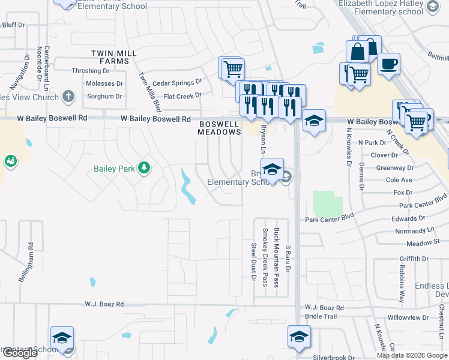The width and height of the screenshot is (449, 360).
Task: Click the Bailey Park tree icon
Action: (143, 168)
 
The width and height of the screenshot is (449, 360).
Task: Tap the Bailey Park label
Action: (114, 169)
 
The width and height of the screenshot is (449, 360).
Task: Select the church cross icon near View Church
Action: (68, 96)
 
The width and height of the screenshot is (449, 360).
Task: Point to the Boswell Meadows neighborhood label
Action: (220, 128)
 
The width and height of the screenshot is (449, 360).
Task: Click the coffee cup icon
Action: (388, 63)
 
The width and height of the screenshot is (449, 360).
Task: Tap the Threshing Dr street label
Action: (90, 71)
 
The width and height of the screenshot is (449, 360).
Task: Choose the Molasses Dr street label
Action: (104, 83)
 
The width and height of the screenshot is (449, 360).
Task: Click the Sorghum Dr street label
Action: (104, 96)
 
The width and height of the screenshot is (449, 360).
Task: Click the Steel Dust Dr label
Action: (253, 262)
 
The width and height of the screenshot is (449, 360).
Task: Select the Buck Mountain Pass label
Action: (276, 257)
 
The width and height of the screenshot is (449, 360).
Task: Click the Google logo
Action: (20, 353)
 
